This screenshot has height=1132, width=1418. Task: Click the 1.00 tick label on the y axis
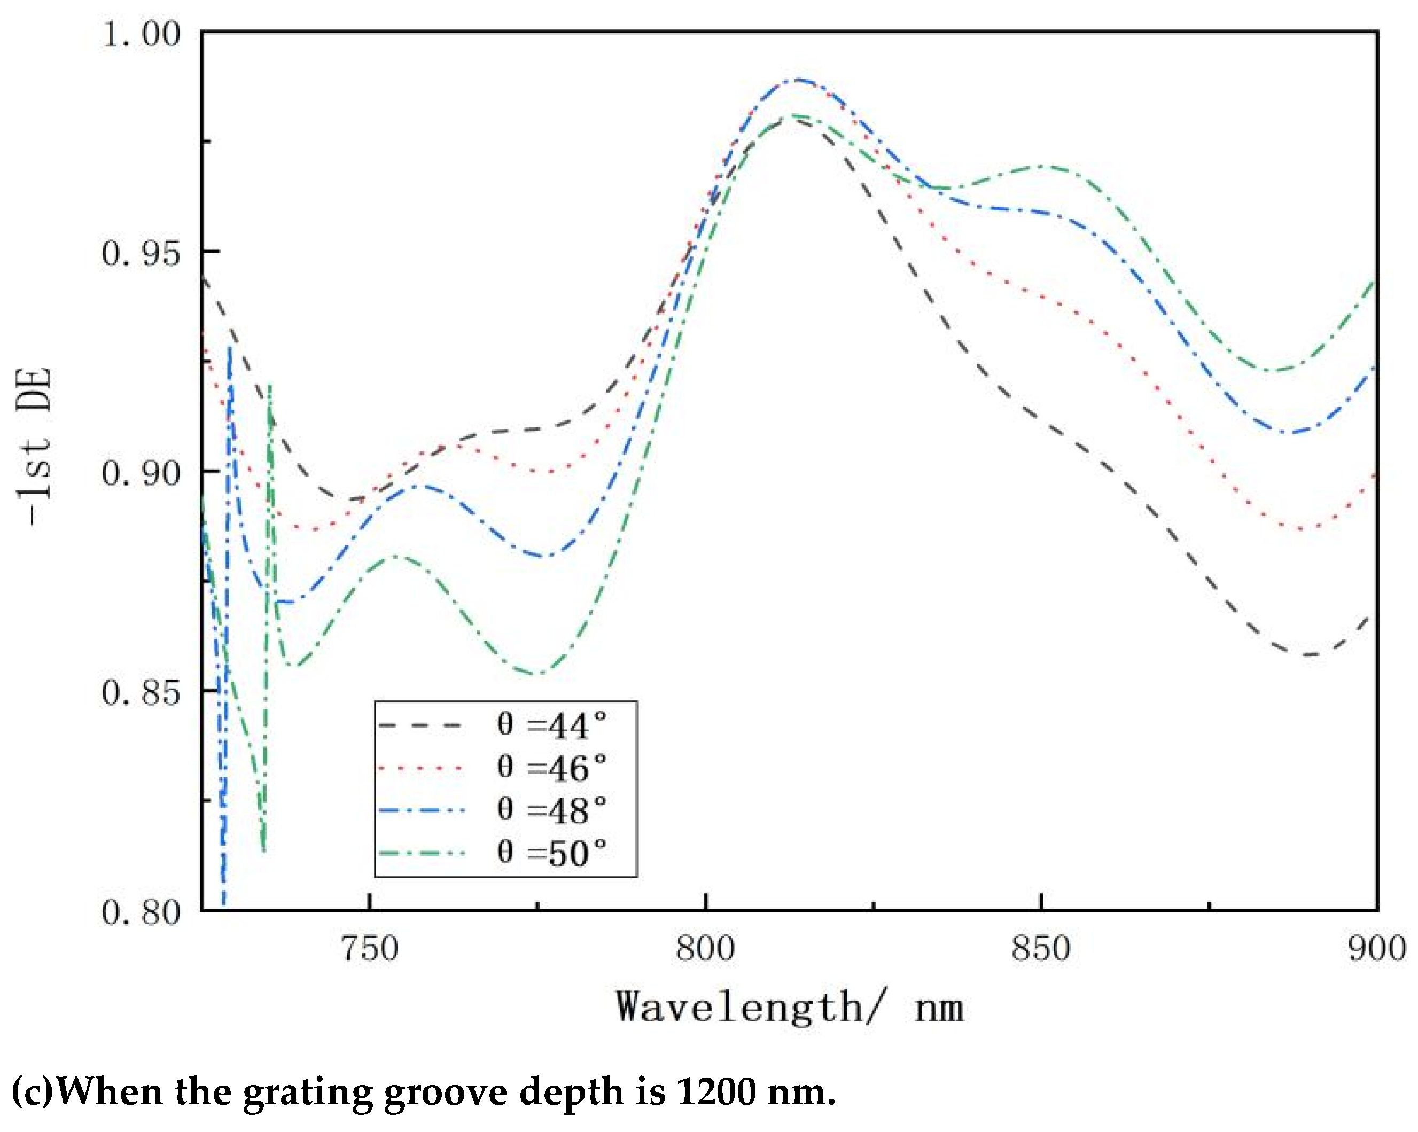pos(141,34)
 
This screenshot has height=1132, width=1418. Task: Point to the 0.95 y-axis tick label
pos(141,253)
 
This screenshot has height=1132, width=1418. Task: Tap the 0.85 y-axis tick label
pos(141,693)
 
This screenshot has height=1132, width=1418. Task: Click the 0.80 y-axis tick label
pos(141,912)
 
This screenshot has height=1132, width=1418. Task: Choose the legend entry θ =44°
pos(551,725)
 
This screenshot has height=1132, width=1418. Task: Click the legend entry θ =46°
pos(551,768)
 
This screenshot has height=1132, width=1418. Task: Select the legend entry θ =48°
pos(551,810)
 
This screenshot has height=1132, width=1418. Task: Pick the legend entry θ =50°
pos(551,853)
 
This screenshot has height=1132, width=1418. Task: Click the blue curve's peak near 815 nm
pos(798,80)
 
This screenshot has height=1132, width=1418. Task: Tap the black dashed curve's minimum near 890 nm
pos(1309,654)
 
